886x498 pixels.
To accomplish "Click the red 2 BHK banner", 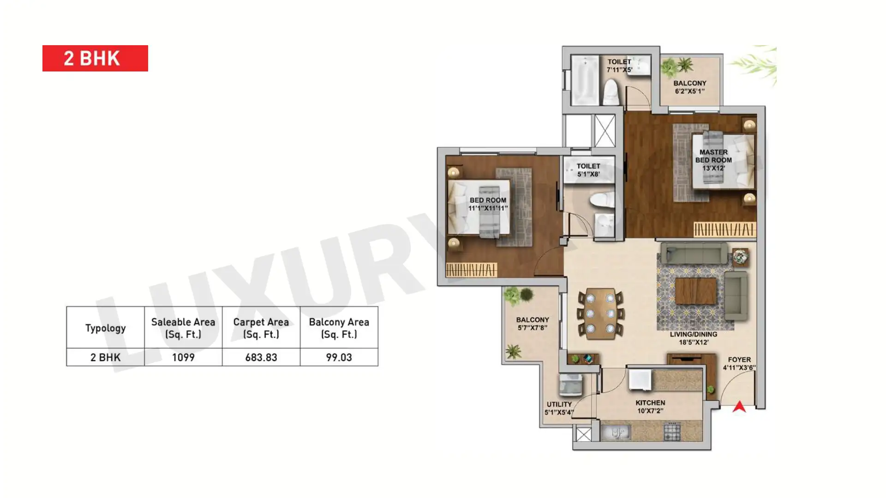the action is point(95,58).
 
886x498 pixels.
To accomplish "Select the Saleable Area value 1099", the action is point(183,357).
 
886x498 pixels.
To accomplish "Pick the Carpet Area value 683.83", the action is point(261,357).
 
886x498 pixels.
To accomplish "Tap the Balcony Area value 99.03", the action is point(339,357).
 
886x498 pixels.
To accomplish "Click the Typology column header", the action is point(105,328).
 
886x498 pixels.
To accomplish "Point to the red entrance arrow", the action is point(739,406).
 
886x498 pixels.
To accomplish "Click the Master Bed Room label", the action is point(713,160).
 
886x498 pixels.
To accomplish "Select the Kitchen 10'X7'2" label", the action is point(650,407).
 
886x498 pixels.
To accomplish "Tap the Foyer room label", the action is point(739,363).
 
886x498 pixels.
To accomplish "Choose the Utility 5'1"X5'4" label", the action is point(559,408).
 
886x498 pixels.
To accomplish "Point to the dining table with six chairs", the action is point(600,314).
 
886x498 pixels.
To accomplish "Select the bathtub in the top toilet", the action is point(584,80).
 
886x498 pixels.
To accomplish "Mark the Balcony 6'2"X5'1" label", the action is point(690,87).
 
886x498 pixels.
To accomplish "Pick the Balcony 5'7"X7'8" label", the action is point(533,324).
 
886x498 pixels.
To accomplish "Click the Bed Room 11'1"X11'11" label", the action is point(488,204).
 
